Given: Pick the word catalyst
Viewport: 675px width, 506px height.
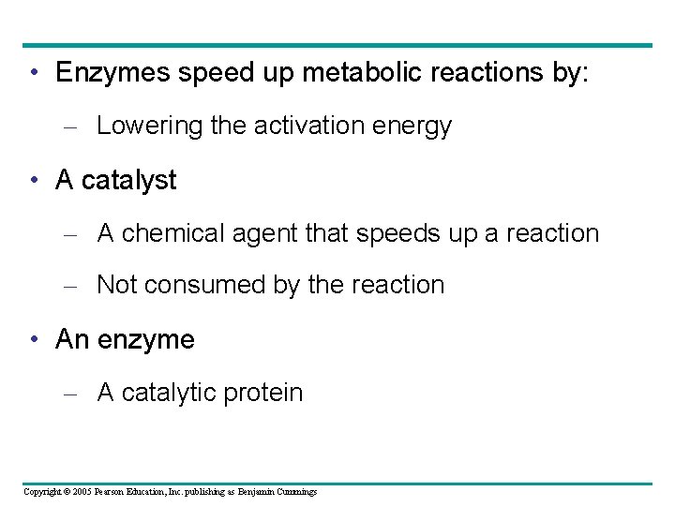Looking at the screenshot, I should [x=128, y=181].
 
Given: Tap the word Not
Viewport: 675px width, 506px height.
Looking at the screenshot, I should [x=116, y=285].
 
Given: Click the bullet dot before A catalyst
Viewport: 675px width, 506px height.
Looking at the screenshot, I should [x=33, y=180].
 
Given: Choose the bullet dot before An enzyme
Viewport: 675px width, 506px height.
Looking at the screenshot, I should [x=33, y=339].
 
